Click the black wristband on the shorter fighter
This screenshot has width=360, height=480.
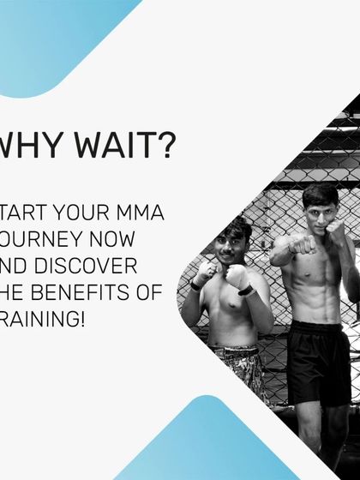coord(246,289)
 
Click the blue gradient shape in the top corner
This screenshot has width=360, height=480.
coord(51,34)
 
